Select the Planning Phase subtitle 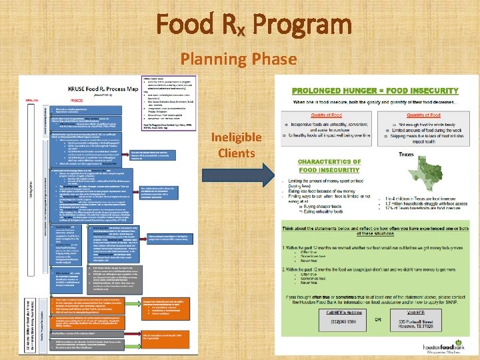coord(238,59)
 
